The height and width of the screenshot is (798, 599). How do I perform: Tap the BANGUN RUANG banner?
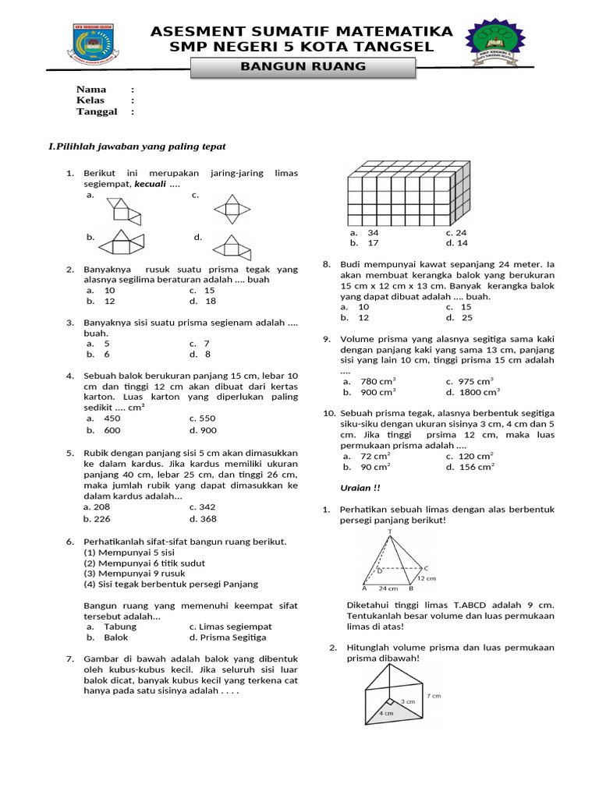pyautogui.click(x=303, y=67)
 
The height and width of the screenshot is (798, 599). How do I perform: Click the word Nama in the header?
pyautogui.click(x=91, y=90)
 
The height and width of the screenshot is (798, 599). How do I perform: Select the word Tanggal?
pyautogui.click(x=97, y=111)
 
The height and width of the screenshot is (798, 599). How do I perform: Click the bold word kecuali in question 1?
pyautogui.click(x=151, y=184)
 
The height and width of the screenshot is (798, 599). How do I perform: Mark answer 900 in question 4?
pyautogui.click(x=207, y=430)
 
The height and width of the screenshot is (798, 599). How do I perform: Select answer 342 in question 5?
pyautogui.click(x=207, y=507)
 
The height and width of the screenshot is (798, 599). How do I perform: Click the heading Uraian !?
pyautogui.click(x=360, y=488)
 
